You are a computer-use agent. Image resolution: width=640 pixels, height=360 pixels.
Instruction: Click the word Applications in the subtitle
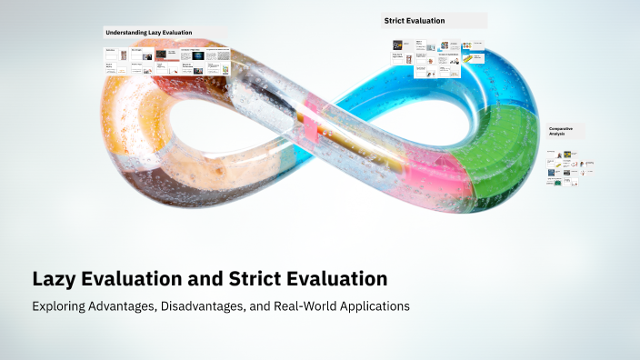coord(376,306)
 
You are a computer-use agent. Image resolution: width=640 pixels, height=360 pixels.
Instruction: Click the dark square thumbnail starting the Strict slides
coord(398,45)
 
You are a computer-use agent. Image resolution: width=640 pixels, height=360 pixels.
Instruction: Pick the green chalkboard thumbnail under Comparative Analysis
coord(556,183)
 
